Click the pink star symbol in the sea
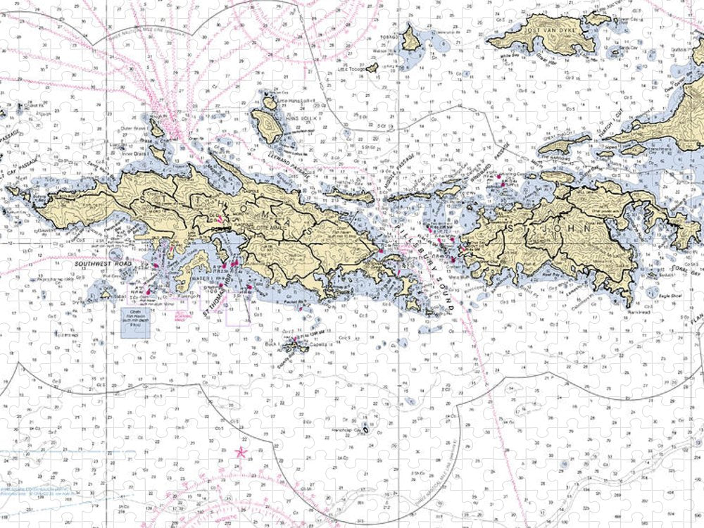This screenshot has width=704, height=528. pos(242,452)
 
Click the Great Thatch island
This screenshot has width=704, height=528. pos(564,144)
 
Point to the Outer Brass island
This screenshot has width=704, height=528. pos(156,128)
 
